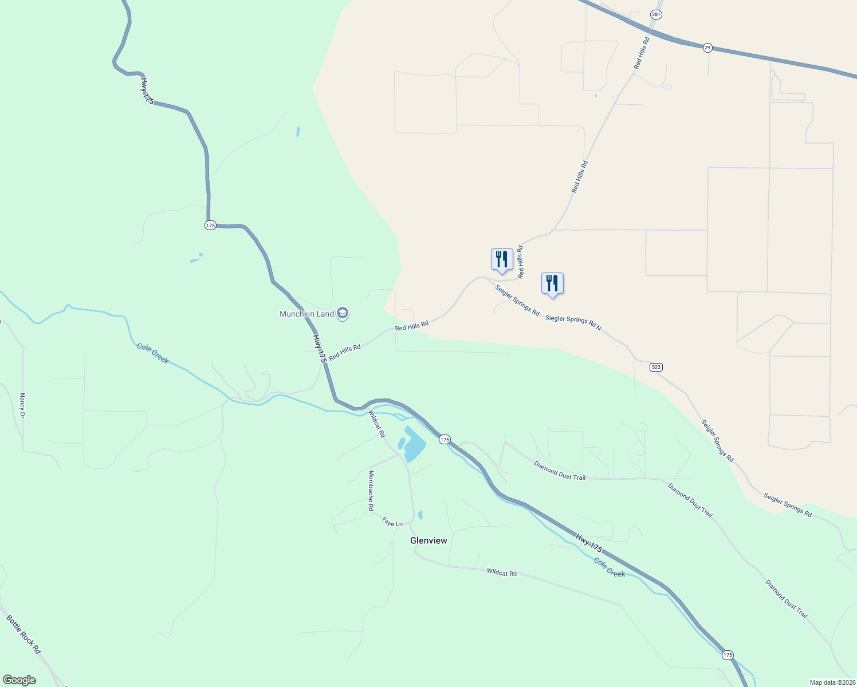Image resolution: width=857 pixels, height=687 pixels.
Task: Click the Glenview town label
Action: pyautogui.click(x=428, y=540)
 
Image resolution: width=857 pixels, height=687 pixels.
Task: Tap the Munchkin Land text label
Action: pyautogui.click(x=306, y=314)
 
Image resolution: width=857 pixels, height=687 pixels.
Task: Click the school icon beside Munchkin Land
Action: pyautogui.click(x=343, y=314)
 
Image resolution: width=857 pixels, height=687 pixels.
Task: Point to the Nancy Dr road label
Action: pyautogui.click(x=22, y=405)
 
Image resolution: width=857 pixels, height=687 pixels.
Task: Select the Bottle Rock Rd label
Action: pyautogui.click(x=23, y=634)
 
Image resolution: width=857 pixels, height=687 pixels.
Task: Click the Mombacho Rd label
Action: pyautogui.click(x=371, y=491)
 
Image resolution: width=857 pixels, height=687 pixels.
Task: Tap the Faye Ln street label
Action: pyautogui.click(x=392, y=523)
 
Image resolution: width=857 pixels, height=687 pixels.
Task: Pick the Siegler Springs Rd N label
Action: pyautogui.click(x=573, y=322)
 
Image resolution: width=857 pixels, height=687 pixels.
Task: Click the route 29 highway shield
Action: pyautogui.click(x=707, y=48)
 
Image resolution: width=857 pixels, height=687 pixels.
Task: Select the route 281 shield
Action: pyautogui.click(x=656, y=14)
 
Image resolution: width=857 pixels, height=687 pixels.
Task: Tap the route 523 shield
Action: pyautogui.click(x=656, y=367)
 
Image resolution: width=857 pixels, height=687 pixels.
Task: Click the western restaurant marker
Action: pyautogui.click(x=502, y=259)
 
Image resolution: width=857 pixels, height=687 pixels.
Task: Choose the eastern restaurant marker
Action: pyautogui.click(x=552, y=283)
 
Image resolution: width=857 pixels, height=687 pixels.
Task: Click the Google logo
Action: pyautogui.click(x=19, y=680)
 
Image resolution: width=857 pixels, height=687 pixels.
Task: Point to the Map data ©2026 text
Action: pyautogui.click(x=831, y=682)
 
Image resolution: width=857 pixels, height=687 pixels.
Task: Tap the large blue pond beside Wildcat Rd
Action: pyautogui.click(x=414, y=444)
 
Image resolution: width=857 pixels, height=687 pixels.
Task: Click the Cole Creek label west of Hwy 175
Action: pyautogui.click(x=153, y=353)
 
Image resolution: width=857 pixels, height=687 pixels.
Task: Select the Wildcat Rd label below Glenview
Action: pyautogui.click(x=502, y=572)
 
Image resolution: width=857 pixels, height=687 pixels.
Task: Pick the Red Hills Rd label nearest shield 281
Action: pyautogui.click(x=642, y=53)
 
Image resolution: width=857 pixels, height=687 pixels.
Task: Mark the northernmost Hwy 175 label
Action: pyautogui.click(x=147, y=91)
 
